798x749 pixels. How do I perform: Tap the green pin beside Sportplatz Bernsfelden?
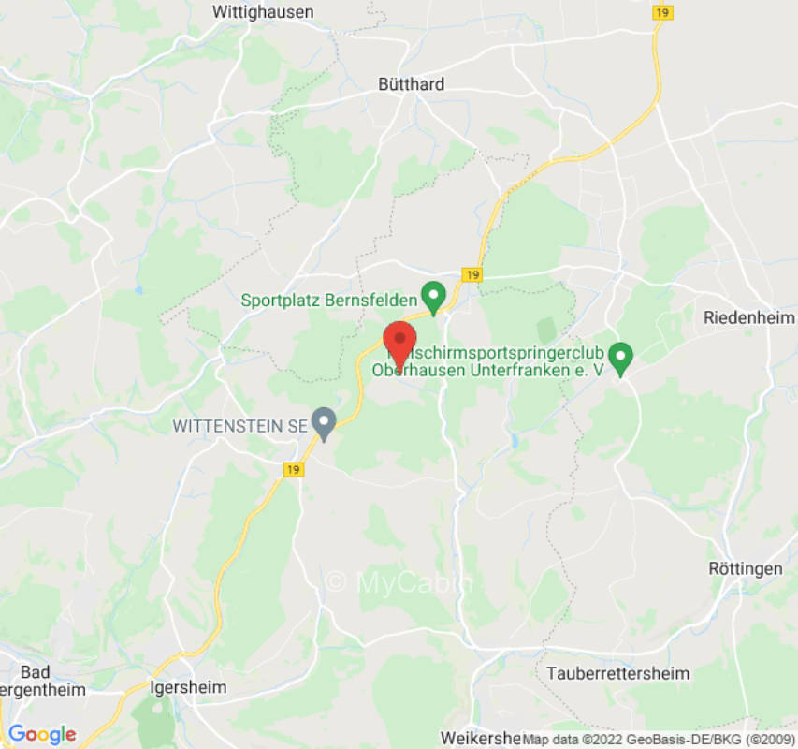tap(433, 298)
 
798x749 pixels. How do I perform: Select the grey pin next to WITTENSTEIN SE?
tap(324, 423)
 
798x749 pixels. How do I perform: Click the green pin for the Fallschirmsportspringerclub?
tap(619, 356)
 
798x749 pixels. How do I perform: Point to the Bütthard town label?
tap(411, 84)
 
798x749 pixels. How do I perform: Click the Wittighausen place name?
tap(263, 12)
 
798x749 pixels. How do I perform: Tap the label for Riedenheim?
tap(749, 318)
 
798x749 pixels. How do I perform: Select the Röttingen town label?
tap(745, 568)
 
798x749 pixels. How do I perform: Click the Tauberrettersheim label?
tap(617, 673)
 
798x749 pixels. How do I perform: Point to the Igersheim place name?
tap(188, 687)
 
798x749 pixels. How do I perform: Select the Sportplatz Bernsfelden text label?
tap(328, 301)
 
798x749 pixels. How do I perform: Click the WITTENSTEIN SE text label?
tap(239, 426)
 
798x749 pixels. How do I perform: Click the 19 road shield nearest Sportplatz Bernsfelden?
tap(472, 274)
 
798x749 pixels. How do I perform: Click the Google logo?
tap(41, 734)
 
